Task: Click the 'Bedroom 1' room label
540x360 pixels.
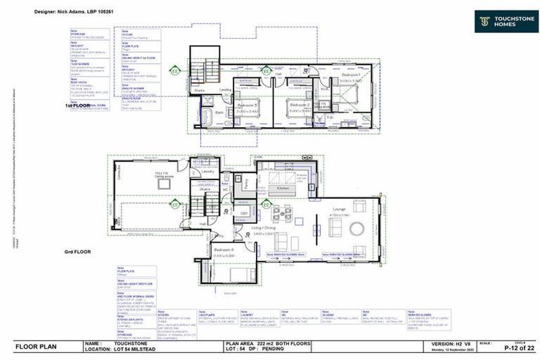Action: pos(351,75)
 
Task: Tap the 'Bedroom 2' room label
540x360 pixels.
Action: pos(300,104)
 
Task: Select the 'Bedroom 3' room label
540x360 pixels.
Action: pos(247,105)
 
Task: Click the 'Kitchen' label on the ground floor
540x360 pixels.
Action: pos(283,188)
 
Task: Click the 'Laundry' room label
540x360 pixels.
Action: pos(207,171)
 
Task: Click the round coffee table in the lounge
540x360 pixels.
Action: pos(357,229)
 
